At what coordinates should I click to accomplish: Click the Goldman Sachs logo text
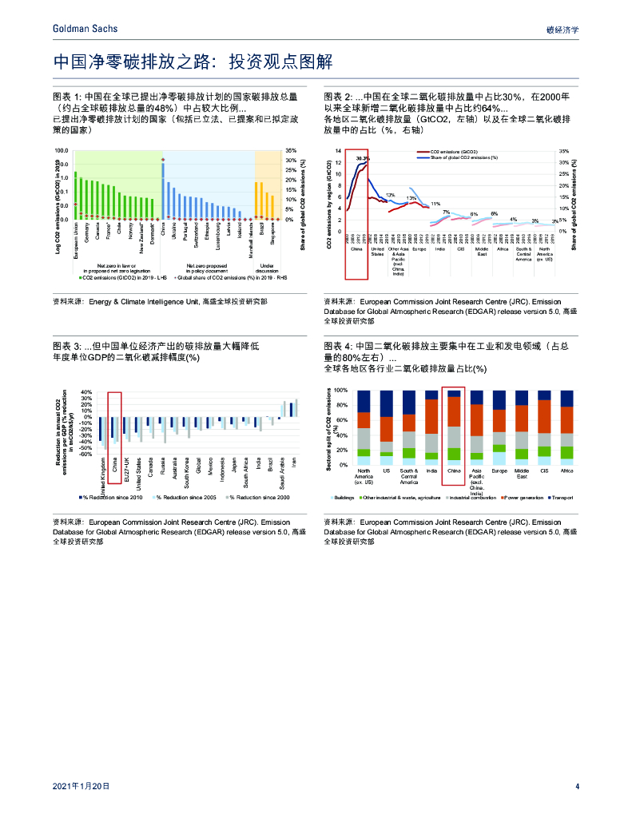[84, 29]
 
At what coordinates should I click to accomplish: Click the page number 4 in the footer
[576, 786]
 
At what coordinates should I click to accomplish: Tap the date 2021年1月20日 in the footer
[80, 786]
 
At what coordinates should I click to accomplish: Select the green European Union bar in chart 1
[76, 194]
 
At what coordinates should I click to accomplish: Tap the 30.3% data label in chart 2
[362, 158]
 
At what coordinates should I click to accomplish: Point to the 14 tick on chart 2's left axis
[338, 151]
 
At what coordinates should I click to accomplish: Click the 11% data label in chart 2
[435, 204]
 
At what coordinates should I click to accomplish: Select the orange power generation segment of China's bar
[454, 411]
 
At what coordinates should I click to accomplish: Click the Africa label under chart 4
[566, 471]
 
